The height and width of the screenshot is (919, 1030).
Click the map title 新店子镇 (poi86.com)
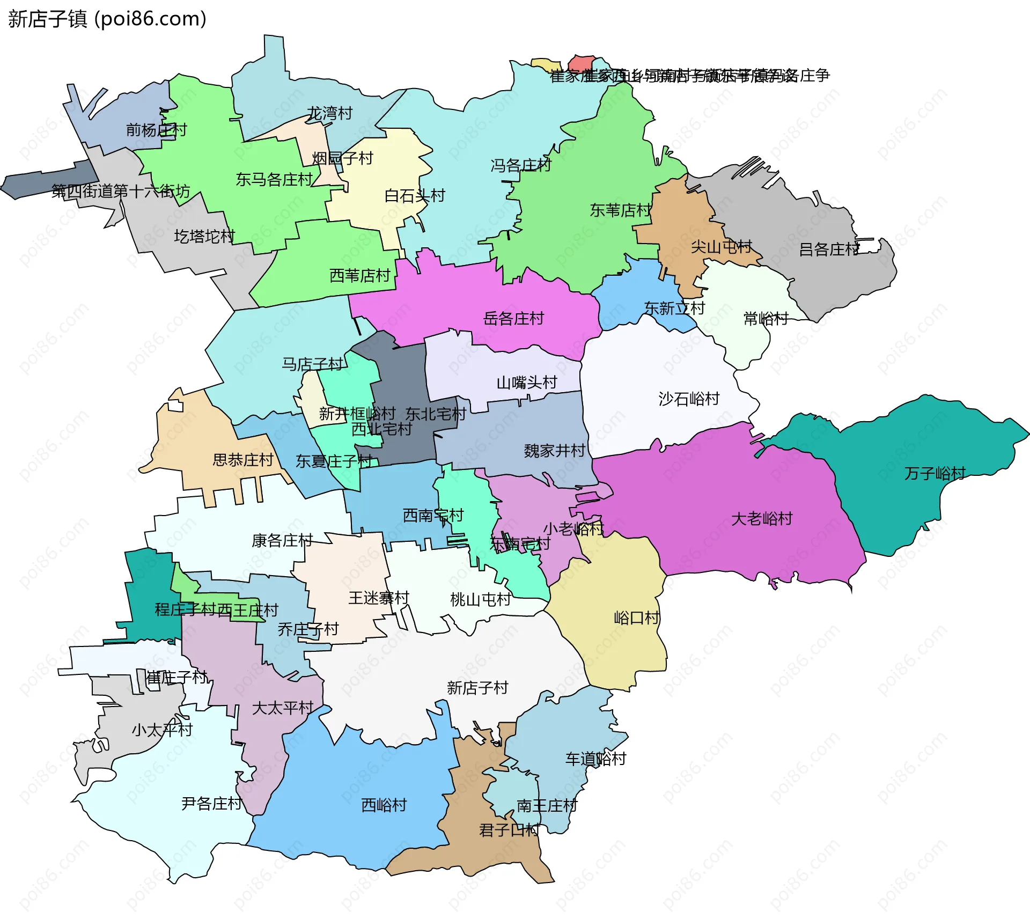click(x=107, y=19)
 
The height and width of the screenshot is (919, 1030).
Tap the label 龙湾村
click(x=329, y=113)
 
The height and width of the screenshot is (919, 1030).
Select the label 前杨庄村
click(x=156, y=130)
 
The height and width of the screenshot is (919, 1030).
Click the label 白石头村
click(x=415, y=196)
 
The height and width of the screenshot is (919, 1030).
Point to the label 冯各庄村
click(x=520, y=165)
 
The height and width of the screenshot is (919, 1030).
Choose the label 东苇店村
click(x=620, y=210)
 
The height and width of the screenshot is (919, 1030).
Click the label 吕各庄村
click(x=829, y=249)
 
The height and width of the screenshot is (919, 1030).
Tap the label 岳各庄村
click(x=513, y=319)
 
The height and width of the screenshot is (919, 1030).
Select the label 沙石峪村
click(x=689, y=399)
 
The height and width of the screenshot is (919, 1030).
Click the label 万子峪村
click(x=935, y=473)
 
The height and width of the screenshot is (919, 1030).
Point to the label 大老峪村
click(x=762, y=519)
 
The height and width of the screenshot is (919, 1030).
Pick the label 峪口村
click(x=636, y=618)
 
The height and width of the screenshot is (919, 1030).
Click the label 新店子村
click(x=477, y=688)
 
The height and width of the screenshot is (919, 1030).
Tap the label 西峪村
click(x=384, y=805)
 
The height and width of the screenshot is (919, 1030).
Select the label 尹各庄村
click(x=211, y=804)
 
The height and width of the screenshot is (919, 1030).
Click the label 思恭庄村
click(x=242, y=460)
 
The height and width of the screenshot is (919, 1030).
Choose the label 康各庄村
click(x=282, y=540)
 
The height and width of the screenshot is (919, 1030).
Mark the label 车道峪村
click(x=595, y=759)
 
